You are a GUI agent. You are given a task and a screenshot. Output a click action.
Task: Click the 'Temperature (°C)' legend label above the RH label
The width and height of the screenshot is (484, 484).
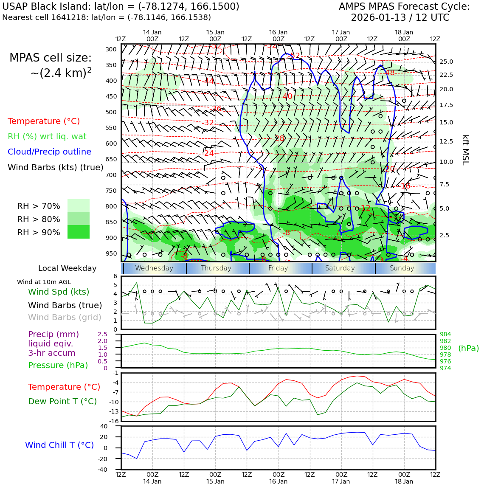click(44, 121)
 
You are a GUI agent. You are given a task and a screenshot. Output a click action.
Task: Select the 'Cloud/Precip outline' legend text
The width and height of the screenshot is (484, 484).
click(49, 152)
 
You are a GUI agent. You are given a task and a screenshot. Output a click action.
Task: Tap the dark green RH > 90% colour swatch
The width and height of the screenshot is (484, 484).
click(79, 232)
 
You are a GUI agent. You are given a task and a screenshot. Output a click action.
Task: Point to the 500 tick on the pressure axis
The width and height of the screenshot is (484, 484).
click(111, 113)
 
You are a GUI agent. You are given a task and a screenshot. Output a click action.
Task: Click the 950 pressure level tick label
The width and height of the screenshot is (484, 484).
click(111, 254)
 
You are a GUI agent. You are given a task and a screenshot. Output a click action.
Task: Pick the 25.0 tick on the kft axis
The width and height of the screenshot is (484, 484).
click(446, 62)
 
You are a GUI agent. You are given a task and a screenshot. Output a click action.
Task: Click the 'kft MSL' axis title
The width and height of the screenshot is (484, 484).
click(465, 150)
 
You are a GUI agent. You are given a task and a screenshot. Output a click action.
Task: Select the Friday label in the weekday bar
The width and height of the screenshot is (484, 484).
click(278, 268)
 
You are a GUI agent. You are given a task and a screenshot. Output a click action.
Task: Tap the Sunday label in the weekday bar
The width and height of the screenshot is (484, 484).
click(402, 268)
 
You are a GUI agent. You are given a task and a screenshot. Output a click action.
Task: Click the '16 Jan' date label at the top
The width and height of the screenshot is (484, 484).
click(278, 32)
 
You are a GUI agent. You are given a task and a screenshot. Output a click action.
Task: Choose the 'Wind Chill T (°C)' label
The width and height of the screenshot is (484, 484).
click(59, 445)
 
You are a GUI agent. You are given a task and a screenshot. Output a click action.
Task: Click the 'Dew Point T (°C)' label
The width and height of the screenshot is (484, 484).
click(62, 402)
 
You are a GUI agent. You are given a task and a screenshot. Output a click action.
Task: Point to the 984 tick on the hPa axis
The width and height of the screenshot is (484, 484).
click(445, 335)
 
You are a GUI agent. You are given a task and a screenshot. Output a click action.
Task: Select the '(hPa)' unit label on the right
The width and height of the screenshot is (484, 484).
click(468, 349)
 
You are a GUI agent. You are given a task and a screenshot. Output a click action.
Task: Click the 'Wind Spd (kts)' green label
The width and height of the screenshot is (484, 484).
click(59, 292)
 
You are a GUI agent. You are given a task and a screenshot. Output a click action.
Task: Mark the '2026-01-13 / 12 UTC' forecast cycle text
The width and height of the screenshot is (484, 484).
click(400, 18)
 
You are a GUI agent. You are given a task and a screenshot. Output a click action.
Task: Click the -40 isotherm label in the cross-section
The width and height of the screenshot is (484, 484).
click(287, 97)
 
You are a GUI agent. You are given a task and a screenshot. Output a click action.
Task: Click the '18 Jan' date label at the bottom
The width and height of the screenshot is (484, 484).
click(404, 481)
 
